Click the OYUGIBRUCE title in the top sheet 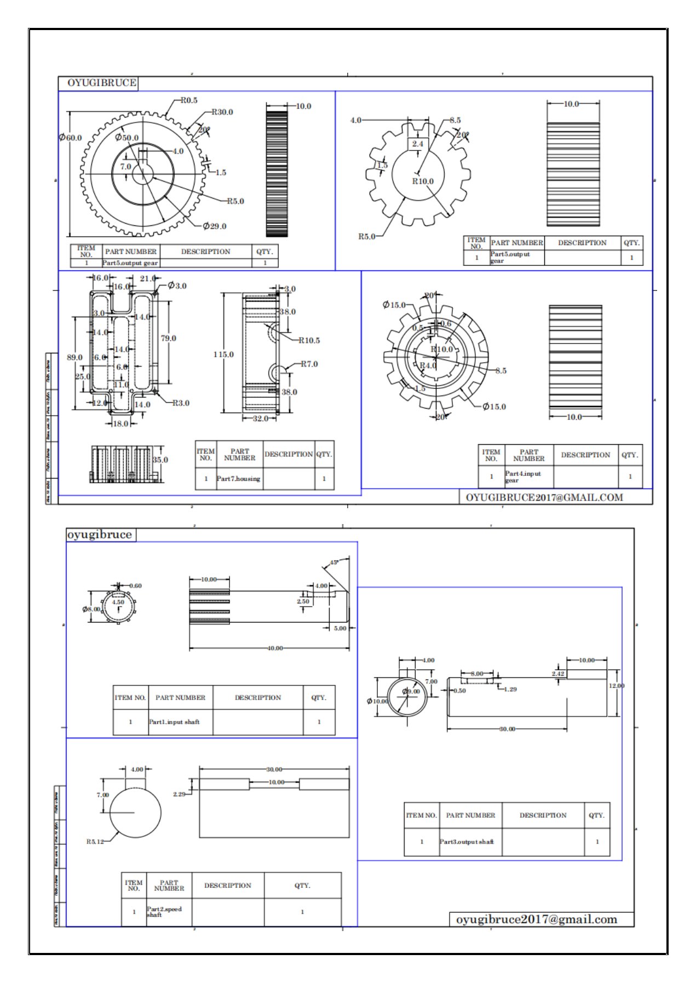(x=102, y=83)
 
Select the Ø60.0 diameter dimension (x=71, y=137)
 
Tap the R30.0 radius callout (x=222, y=112)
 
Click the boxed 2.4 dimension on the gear (x=418, y=144)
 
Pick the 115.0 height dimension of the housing (x=223, y=354)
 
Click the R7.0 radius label (x=309, y=364)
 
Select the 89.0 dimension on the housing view (x=74, y=357)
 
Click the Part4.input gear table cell (x=523, y=476)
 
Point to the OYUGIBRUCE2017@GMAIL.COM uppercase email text (x=544, y=497)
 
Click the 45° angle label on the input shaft (x=334, y=562)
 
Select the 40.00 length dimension (x=275, y=648)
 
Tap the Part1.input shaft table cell (x=175, y=722)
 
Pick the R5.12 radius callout (x=95, y=841)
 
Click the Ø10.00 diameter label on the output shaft (x=377, y=701)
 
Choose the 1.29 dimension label (x=510, y=689)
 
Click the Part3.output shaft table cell (x=467, y=841)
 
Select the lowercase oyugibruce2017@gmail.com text (x=536, y=920)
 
